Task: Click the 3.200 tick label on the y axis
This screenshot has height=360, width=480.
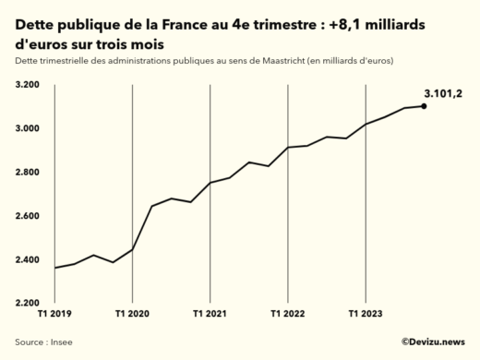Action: (28, 85)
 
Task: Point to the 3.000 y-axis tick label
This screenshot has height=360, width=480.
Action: (28, 128)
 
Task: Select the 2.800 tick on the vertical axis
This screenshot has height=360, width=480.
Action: (28, 172)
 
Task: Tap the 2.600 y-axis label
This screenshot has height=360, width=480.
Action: (28, 216)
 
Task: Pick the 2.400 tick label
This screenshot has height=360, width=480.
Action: (28, 259)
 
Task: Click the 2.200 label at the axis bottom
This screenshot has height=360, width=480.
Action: (28, 303)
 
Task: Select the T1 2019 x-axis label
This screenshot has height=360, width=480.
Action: (54, 315)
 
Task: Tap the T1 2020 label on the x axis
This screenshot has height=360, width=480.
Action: (132, 315)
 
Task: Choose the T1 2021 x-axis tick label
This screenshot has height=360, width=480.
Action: (210, 315)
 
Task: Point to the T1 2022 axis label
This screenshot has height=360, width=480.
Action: (288, 315)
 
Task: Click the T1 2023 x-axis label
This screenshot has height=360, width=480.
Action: (366, 315)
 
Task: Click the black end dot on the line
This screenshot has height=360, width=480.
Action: (424, 106)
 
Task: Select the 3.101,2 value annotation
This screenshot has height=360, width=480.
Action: (442, 93)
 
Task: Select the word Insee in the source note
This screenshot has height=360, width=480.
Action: (62, 342)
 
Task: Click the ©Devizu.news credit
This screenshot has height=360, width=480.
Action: (432, 342)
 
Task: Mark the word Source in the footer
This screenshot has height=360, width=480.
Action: (30, 342)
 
